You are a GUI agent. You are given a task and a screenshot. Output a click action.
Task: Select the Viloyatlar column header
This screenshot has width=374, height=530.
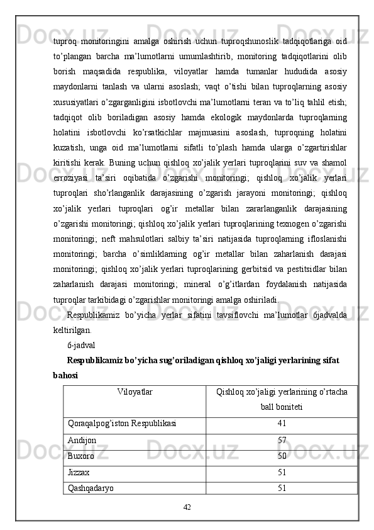(135, 392)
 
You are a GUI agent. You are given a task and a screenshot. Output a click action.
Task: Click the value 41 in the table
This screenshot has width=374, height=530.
(282, 424)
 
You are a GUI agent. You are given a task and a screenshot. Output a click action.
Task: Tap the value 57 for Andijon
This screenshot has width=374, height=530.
(282, 440)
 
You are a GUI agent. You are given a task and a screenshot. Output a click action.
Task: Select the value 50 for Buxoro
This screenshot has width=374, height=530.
(282, 456)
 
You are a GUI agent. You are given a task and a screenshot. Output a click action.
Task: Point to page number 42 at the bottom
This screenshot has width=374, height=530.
(187, 506)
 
